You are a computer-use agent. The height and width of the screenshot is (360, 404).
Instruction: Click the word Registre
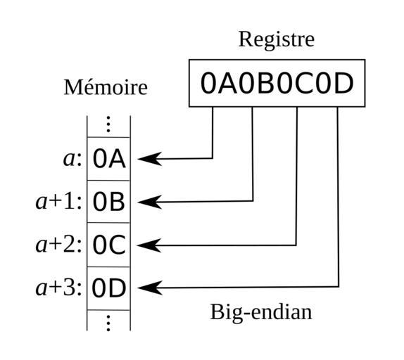[277, 39]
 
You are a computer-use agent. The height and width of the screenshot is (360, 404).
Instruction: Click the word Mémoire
[106, 87]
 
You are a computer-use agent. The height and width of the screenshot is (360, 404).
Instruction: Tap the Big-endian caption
[261, 312]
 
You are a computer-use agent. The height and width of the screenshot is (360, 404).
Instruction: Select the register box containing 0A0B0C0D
[277, 83]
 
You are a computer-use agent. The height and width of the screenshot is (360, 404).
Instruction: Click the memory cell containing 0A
[108, 159]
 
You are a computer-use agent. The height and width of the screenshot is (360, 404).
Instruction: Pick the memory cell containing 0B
[108, 202]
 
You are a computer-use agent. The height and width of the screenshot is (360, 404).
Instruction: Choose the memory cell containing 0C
[108, 245]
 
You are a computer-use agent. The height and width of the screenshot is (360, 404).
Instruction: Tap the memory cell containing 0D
[108, 288]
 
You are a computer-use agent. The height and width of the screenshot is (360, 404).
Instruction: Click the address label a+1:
[58, 202]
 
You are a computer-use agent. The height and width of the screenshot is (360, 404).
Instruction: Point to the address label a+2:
[58, 245]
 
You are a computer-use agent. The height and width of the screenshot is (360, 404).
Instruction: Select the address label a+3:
[58, 288]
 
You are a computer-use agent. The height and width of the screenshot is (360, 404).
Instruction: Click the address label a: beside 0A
[72, 160]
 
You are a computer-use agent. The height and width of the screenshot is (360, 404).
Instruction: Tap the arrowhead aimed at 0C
[149, 245]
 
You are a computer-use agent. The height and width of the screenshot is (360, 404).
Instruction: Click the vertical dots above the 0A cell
[108, 124]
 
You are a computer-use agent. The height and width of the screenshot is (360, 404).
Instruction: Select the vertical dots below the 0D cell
[108, 323]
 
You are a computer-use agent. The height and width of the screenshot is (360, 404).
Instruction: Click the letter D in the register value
[343, 83]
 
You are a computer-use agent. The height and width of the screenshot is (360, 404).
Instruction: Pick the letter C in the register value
[305, 83]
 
